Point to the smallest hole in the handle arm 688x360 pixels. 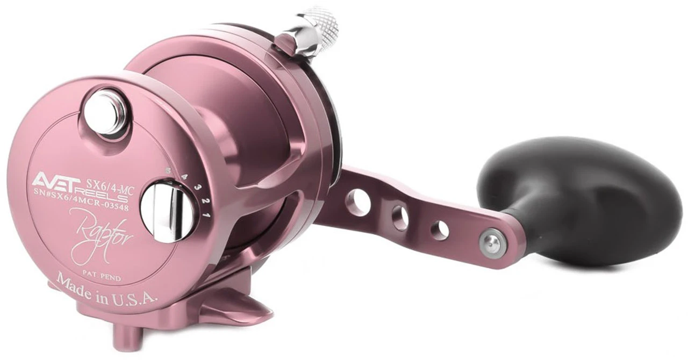[439, 230]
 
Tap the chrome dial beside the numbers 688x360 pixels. [163, 211]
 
